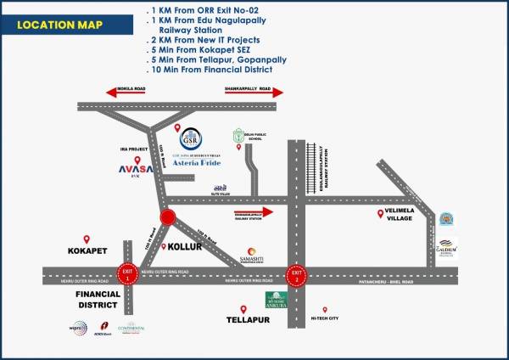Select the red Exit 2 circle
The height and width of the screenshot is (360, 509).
[296, 273]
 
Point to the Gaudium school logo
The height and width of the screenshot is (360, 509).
[447, 249]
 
